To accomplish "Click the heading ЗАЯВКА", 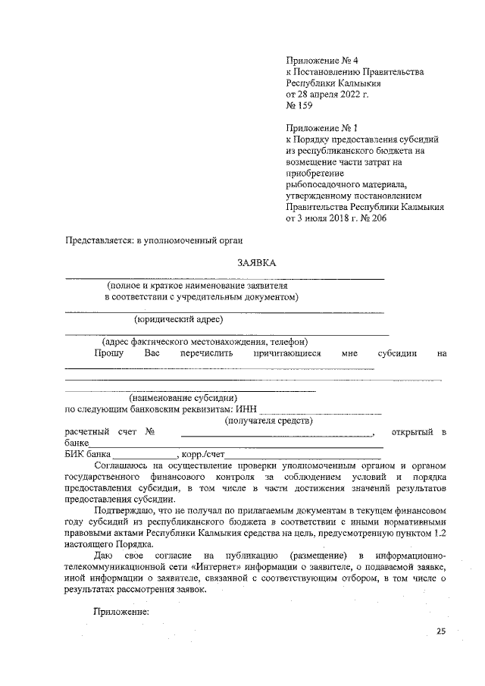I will [256, 262].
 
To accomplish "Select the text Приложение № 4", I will [321, 59].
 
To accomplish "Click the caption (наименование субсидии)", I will [183, 397].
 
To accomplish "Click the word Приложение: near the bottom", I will [121, 611].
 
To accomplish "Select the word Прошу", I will [109, 352].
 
